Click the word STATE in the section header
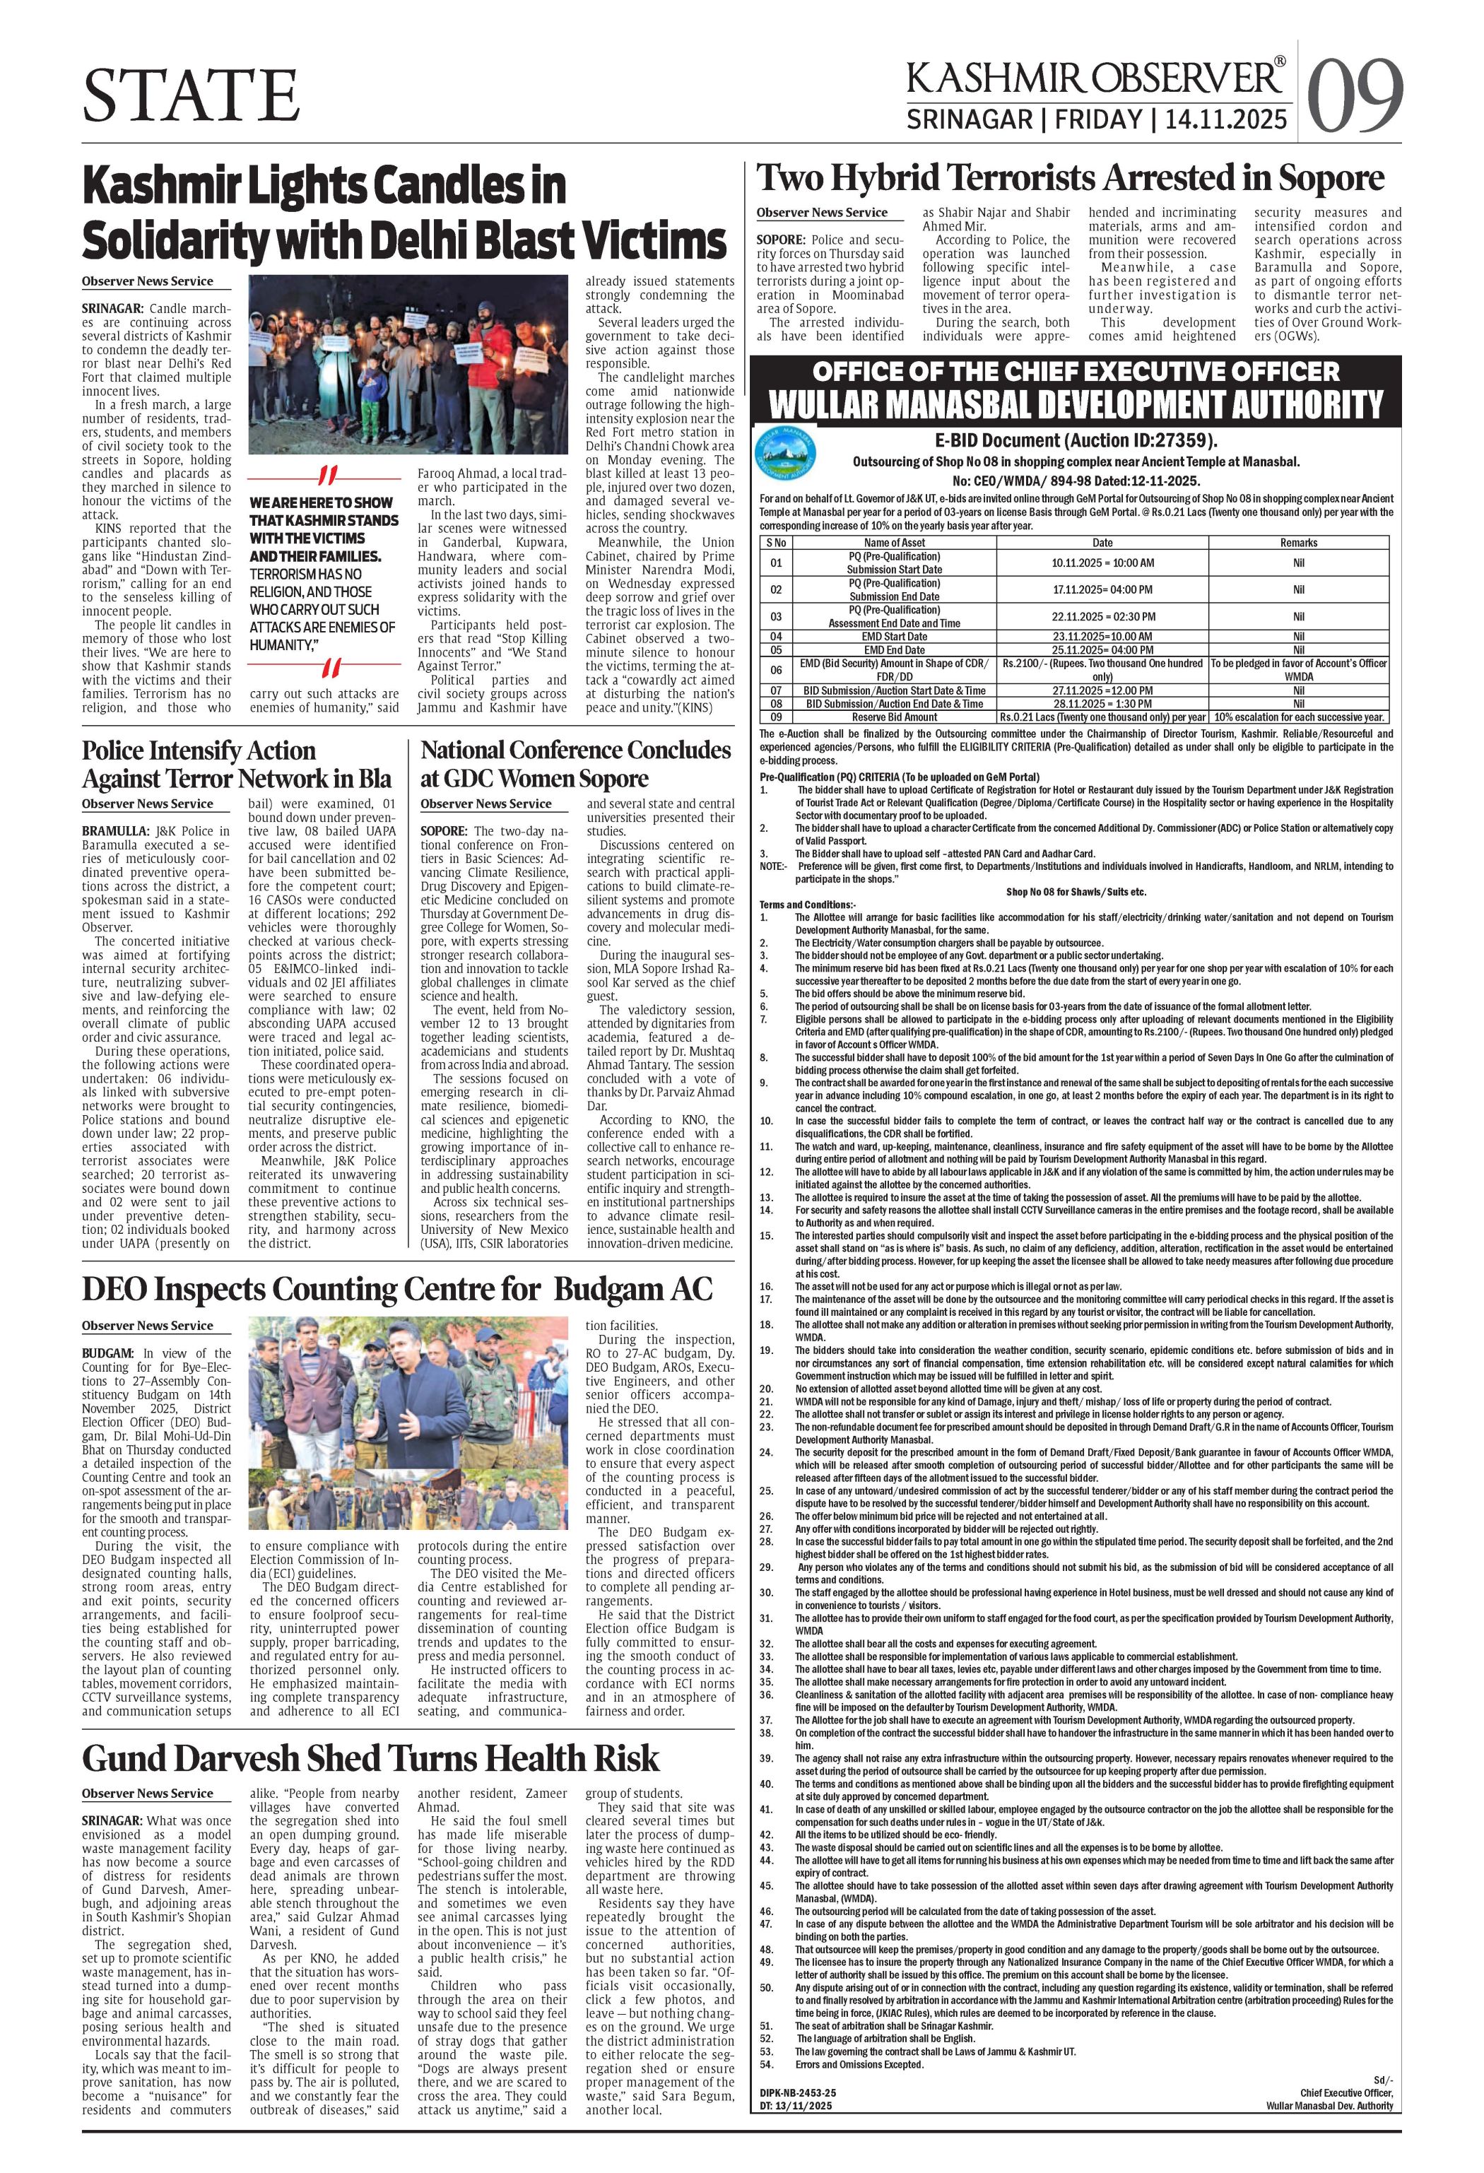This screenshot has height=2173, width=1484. pos(191,95)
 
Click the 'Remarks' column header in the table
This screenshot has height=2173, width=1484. pos(1298,542)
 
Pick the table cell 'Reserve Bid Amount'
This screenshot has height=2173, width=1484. pos(894,717)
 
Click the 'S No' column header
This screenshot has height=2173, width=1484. pos(776,542)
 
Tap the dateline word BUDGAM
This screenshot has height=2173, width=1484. pos(107,1353)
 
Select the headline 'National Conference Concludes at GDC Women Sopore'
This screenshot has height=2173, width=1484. pos(575,764)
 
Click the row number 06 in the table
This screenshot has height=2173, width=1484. pos(775,669)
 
